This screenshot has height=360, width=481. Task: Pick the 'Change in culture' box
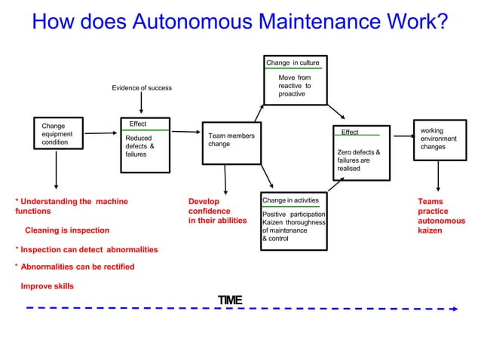(x=294, y=80)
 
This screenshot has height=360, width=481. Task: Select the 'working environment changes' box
(x=438, y=139)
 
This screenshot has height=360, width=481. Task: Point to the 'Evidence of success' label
(x=142, y=88)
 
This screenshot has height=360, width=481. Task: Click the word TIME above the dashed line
(x=229, y=301)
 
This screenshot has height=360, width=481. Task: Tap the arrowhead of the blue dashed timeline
(x=455, y=308)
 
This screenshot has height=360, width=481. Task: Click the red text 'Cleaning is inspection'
(x=67, y=230)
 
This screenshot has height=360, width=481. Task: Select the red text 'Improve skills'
(x=47, y=286)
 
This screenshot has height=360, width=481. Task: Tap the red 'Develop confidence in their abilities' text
(x=217, y=211)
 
